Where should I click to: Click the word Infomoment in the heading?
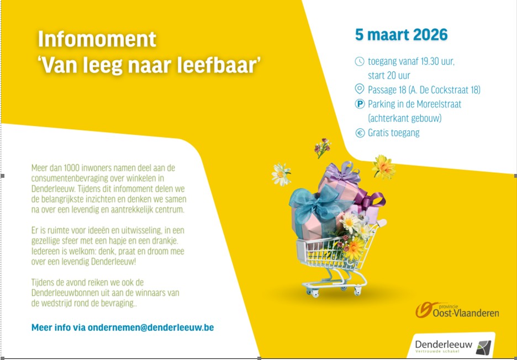click(97, 40)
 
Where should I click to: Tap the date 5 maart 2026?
click(401, 35)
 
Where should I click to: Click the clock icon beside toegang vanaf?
click(360, 61)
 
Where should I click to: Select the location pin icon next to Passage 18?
click(360, 89)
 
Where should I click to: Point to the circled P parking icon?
click(360, 104)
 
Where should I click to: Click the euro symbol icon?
click(360, 133)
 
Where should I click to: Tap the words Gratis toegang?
click(393, 133)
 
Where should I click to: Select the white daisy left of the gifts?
click(281, 174)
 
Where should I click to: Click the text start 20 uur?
click(389, 75)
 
